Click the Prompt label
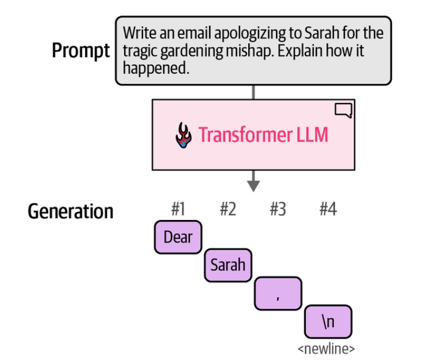click(81, 51)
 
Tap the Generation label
click(70, 211)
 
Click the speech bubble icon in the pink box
click(343, 111)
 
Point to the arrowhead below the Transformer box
click(253, 186)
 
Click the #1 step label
click(178, 210)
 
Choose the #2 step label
click(228, 210)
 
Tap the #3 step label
click(277, 210)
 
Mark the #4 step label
click(328, 210)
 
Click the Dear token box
click(178, 237)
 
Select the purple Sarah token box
click(228, 265)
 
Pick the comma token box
click(277, 293)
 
